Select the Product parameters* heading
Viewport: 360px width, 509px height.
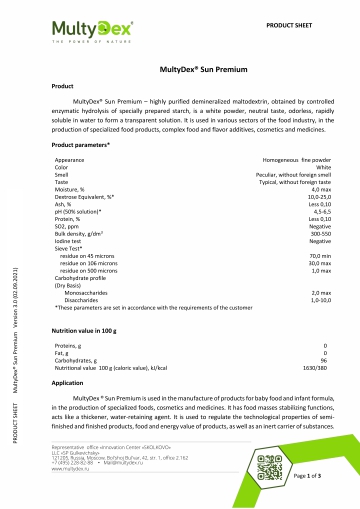click(81, 146)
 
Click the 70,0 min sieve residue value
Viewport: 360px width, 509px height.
click(319, 256)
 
